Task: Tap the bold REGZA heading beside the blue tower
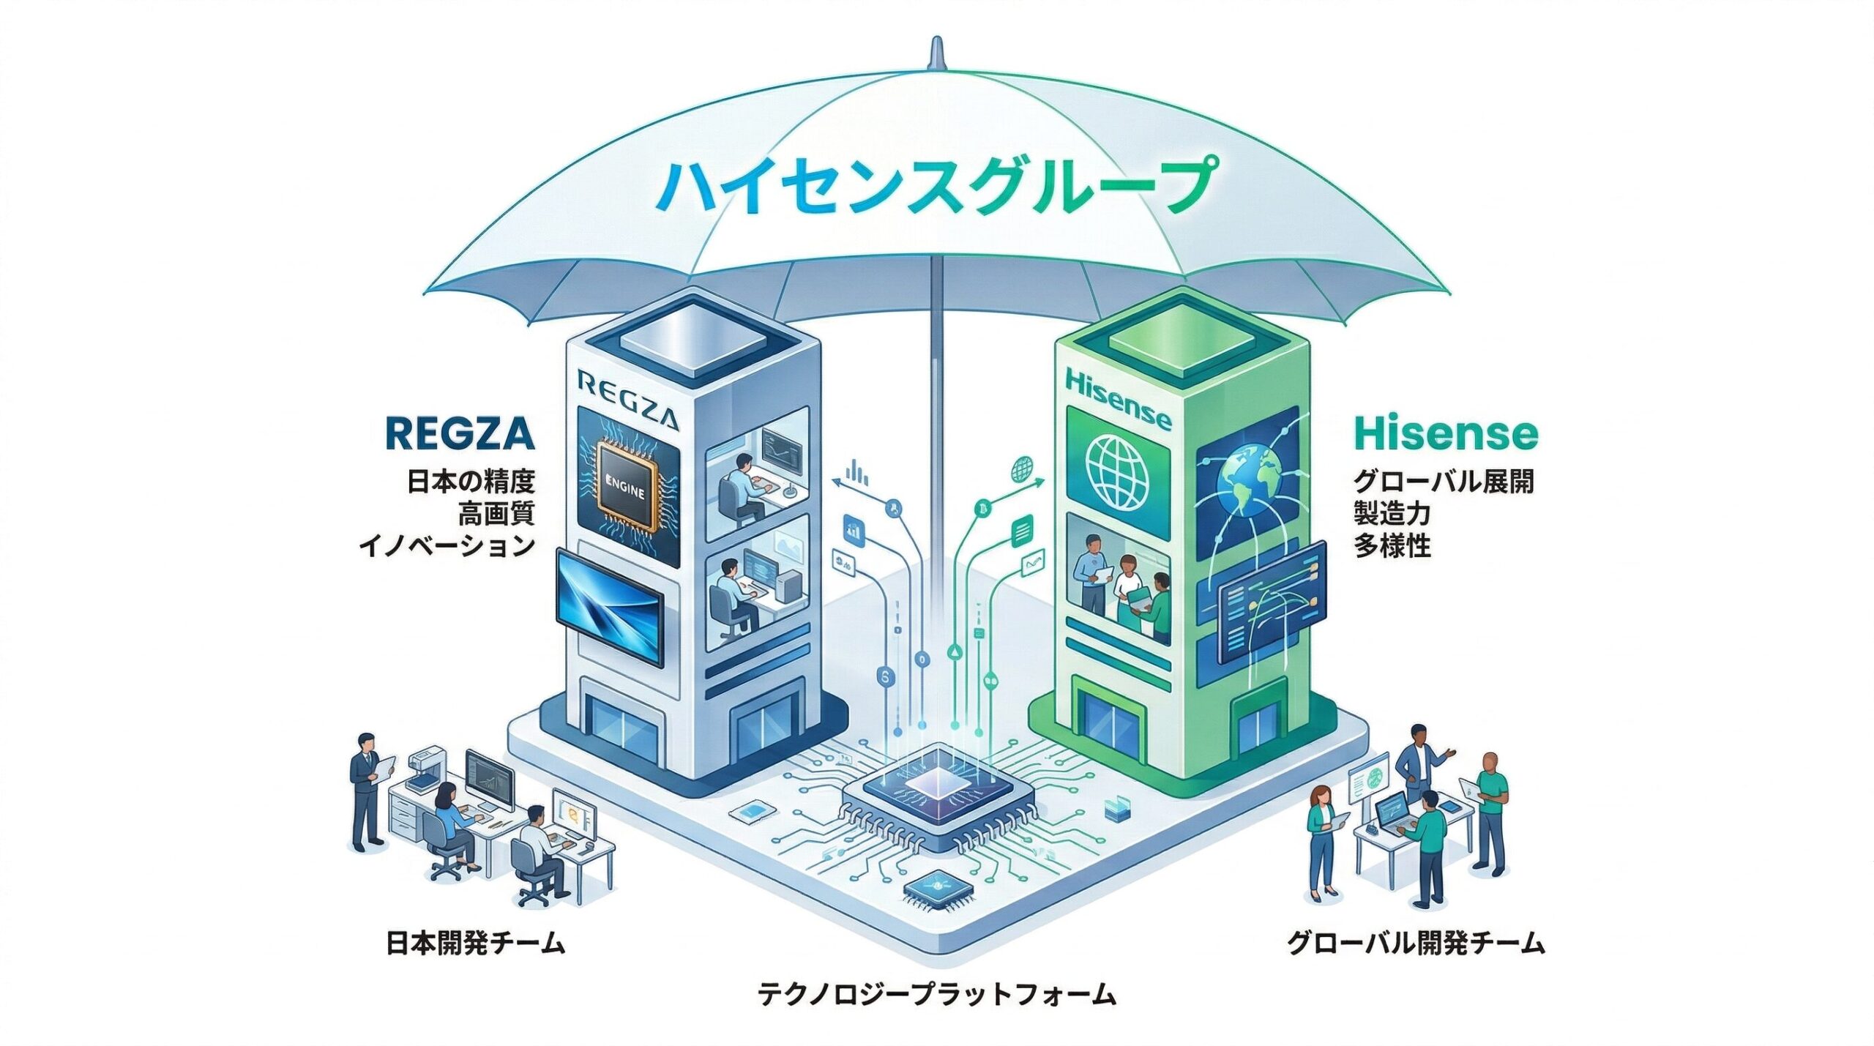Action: tap(459, 433)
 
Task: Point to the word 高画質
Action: tap(496, 514)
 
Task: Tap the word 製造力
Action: tap(1391, 514)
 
